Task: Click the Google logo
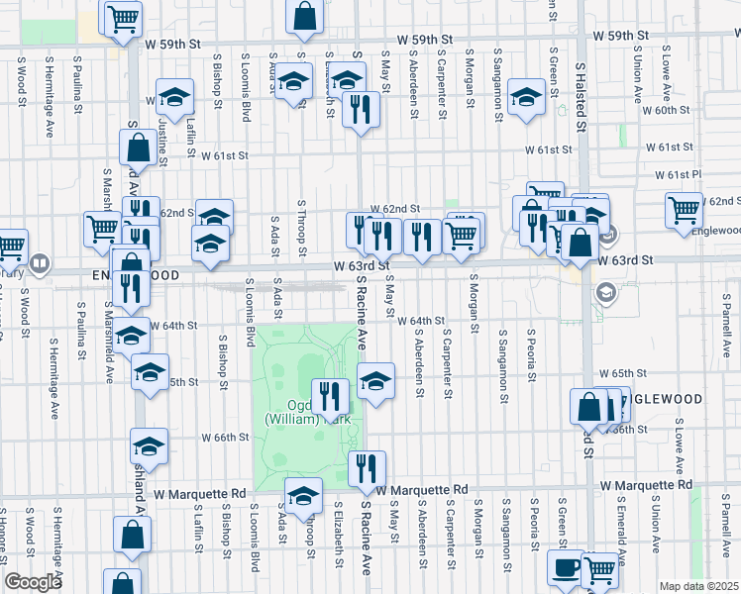tap(33, 582)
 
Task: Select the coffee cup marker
tap(567, 568)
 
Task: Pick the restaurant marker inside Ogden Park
tap(331, 397)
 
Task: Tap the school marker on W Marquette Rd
tap(303, 495)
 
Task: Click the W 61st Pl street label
tap(684, 174)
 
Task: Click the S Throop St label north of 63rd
tap(300, 224)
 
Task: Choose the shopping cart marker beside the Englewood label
tap(684, 210)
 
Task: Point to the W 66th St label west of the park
tap(223, 437)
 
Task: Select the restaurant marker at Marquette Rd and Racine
tap(367, 468)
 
